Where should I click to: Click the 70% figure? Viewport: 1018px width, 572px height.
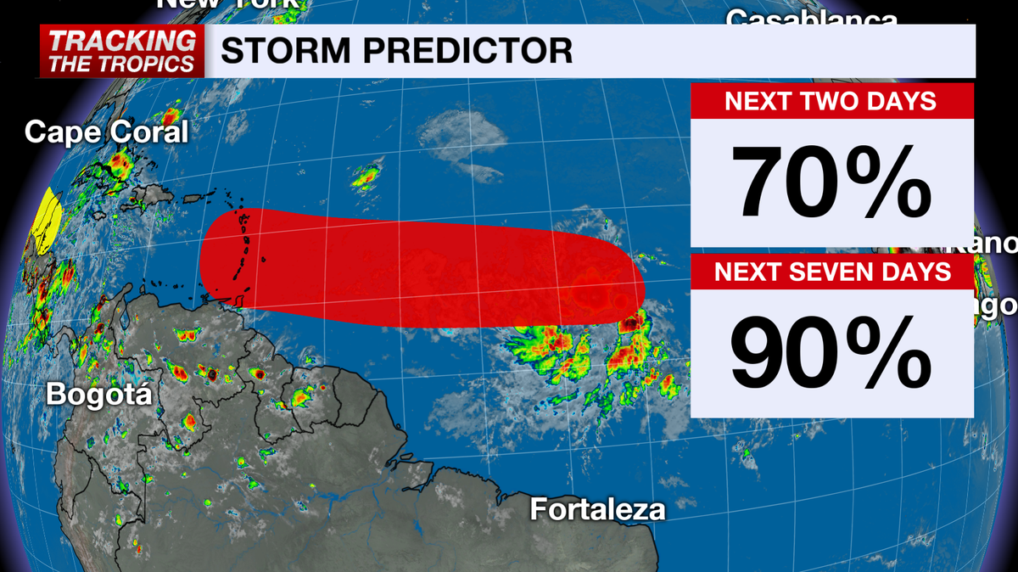click(x=831, y=183)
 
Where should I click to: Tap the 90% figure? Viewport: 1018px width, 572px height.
click(x=831, y=352)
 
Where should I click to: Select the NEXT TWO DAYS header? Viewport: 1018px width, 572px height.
click(x=831, y=101)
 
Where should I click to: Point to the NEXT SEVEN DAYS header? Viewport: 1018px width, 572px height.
click(x=831, y=272)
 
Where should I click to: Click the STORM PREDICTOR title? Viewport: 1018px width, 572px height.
click(x=396, y=51)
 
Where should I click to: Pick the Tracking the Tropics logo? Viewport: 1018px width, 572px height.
click(x=121, y=51)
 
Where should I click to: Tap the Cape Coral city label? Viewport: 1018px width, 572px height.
click(x=106, y=132)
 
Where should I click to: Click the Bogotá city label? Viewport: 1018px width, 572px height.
click(x=98, y=395)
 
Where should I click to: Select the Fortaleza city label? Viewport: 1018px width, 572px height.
click(x=597, y=509)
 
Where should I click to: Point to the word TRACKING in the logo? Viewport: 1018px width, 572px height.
click(x=121, y=40)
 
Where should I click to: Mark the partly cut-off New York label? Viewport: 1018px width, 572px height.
click(x=229, y=4)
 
